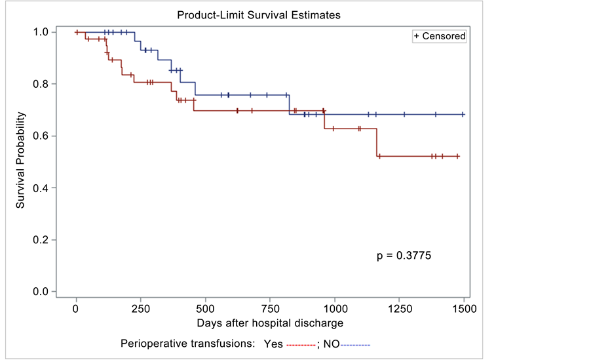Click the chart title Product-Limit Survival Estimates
click(259, 14)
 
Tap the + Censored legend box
click(439, 36)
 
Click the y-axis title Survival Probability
click(21, 161)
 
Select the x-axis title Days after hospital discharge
click(269, 323)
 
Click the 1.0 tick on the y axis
click(41, 31)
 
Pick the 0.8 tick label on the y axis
click(41, 84)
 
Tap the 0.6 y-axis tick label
click(41, 136)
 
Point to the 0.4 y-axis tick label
click(41, 188)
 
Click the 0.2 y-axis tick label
click(41, 240)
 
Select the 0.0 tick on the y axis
click(41, 292)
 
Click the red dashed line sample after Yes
click(301, 344)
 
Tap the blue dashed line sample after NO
click(356, 344)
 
